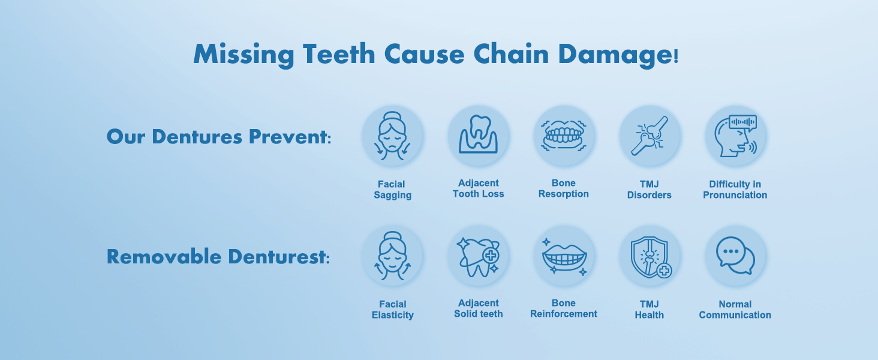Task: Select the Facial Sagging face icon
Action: [393, 136]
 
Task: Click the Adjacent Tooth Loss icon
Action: [479, 136]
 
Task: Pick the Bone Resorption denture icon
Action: [564, 136]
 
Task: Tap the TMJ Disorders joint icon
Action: [650, 136]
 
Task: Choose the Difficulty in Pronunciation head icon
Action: [735, 136]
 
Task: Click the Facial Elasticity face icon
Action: [393, 256]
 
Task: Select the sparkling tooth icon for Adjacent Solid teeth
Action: [479, 256]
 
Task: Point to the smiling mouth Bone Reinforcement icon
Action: [564, 256]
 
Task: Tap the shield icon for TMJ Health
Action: [650, 256]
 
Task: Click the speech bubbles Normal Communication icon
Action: [735, 256]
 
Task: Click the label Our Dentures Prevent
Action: [218, 137]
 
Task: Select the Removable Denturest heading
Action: [218, 257]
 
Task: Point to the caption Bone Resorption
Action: [564, 188]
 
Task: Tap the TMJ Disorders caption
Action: [650, 190]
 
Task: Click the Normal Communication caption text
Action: [735, 310]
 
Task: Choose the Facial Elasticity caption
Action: [393, 310]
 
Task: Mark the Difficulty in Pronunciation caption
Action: [735, 190]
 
